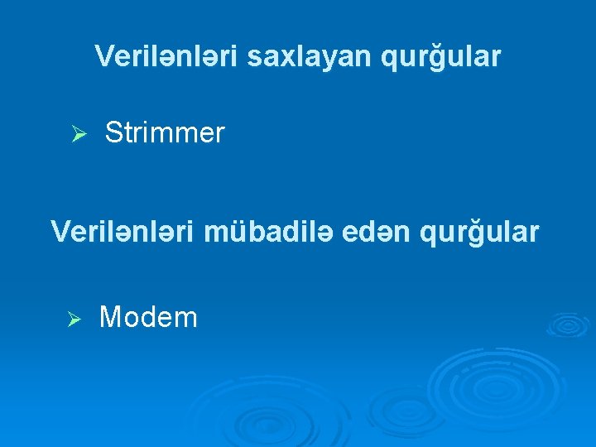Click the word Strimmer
[165, 133]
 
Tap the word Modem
[148, 317]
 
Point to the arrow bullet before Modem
[73, 319]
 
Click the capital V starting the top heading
[103, 56]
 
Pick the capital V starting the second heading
[59, 232]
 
